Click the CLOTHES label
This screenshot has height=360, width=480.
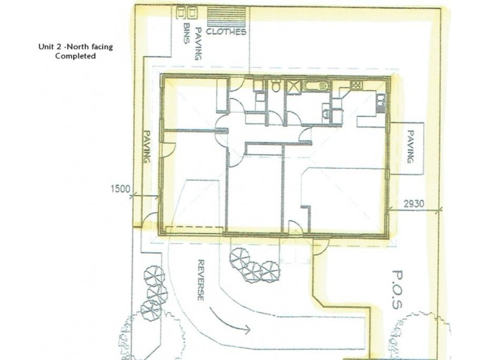[226, 32]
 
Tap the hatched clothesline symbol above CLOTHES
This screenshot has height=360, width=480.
[227, 16]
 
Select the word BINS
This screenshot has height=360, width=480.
[187, 34]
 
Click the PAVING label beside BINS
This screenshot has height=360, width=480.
[198, 44]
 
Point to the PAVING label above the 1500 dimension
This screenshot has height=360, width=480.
[147, 146]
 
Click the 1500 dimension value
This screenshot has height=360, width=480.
[121, 189]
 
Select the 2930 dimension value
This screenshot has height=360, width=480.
[414, 204]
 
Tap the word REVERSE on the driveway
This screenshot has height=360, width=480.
[200, 280]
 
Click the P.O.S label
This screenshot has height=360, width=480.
[397, 289]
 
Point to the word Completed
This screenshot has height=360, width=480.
[76, 56]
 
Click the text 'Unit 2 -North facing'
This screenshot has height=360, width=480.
[76, 47]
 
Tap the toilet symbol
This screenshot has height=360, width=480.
[277, 86]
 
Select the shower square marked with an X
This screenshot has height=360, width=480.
[293, 86]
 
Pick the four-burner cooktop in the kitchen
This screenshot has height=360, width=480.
[356, 85]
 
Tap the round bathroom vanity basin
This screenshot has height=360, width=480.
[325, 114]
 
